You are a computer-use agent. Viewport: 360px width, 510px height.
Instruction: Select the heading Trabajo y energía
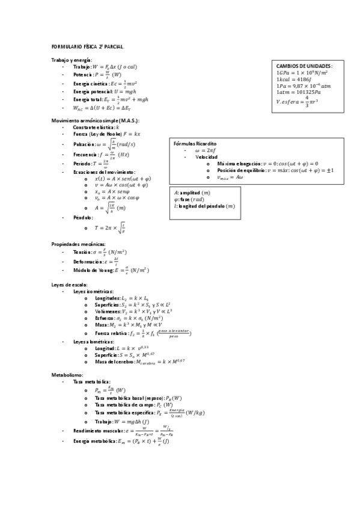(x=72, y=61)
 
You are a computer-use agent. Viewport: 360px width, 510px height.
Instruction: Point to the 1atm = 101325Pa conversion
(x=298, y=93)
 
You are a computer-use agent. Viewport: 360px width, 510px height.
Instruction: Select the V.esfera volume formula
(x=297, y=102)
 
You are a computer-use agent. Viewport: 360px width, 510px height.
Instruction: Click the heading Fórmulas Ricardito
(x=195, y=145)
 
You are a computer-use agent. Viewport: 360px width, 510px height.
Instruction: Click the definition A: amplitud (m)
(x=192, y=192)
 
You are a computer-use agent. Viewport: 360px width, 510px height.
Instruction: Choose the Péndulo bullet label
(x=83, y=217)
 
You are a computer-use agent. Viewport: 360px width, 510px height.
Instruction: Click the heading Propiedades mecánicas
(x=79, y=244)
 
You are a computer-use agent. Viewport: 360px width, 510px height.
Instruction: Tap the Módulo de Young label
(x=91, y=271)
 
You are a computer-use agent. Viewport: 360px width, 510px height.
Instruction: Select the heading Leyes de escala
(x=70, y=284)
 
